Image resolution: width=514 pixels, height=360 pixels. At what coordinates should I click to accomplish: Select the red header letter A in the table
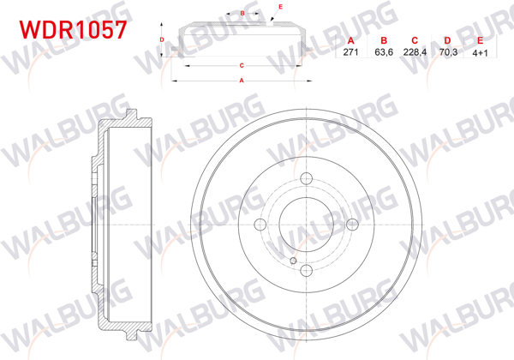tap(350, 41)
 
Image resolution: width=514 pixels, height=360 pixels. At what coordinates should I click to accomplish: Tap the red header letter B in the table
tap(383, 41)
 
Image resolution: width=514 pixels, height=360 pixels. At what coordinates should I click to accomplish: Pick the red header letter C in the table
tap(415, 41)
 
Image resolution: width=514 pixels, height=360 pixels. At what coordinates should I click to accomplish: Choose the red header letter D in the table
tap(447, 41)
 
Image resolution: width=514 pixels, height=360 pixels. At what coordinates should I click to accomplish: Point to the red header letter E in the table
tap(480, 41)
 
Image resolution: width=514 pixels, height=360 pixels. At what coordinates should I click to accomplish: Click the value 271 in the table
tap(350, 52)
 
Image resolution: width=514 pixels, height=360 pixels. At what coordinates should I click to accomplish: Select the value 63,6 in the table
tap(383, 52)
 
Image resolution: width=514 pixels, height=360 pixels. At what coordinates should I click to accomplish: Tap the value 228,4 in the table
tap(415, 52)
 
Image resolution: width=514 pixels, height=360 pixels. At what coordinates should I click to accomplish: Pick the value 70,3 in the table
tap(447, 52)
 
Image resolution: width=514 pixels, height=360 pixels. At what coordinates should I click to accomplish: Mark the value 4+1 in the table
tap(480, 52)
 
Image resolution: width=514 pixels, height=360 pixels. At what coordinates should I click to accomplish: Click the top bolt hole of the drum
tap(306, 177)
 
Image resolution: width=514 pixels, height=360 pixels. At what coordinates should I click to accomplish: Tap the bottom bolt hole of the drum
tap(306, 271)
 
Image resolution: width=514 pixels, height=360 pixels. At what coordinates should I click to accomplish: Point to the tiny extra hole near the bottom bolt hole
tap(292, 261)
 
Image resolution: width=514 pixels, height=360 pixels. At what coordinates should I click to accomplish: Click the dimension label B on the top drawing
tap(243, 13)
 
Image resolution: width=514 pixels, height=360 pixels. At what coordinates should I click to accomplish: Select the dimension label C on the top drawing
tap(242, 65)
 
